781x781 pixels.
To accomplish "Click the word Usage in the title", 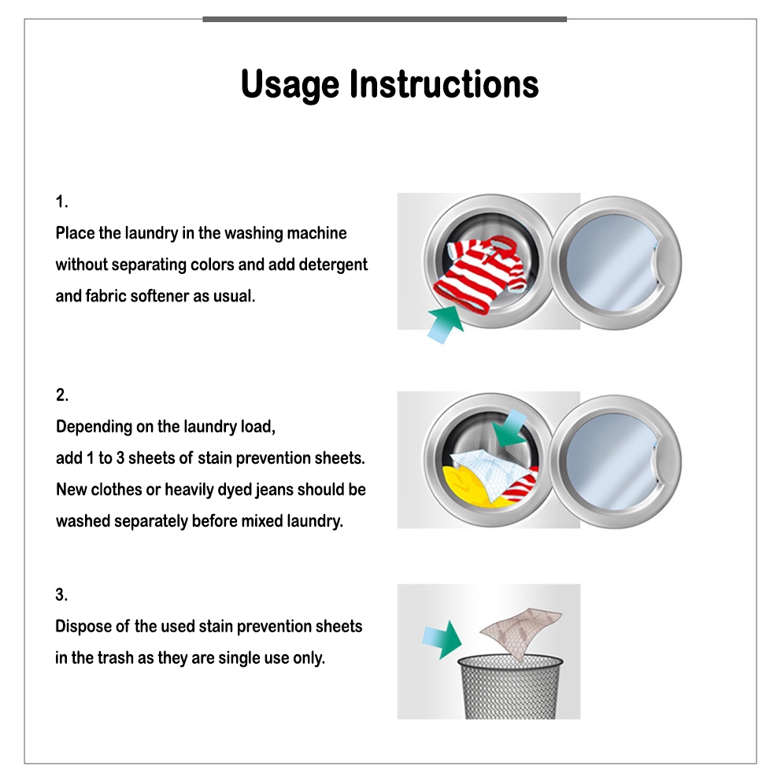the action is click(290, 85).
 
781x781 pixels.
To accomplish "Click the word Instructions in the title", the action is click(444, 83).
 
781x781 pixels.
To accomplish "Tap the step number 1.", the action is click(61, 202).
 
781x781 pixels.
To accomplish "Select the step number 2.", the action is click(61, 395).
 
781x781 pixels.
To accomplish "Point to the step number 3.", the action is click(61, 594).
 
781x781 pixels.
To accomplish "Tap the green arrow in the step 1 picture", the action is click(445, 324).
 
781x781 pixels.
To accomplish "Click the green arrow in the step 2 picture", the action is click(509, 428).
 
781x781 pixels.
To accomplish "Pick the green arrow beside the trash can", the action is click(442, 639).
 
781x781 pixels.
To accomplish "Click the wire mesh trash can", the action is click(510, 687).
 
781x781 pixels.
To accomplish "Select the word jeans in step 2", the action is click(273, 490).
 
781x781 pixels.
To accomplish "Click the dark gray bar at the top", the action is click(384, 20).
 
